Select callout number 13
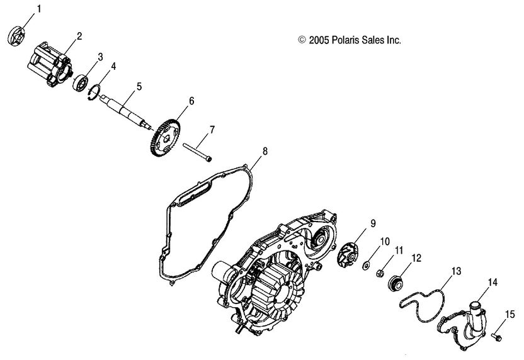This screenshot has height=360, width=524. coord(456,272)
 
